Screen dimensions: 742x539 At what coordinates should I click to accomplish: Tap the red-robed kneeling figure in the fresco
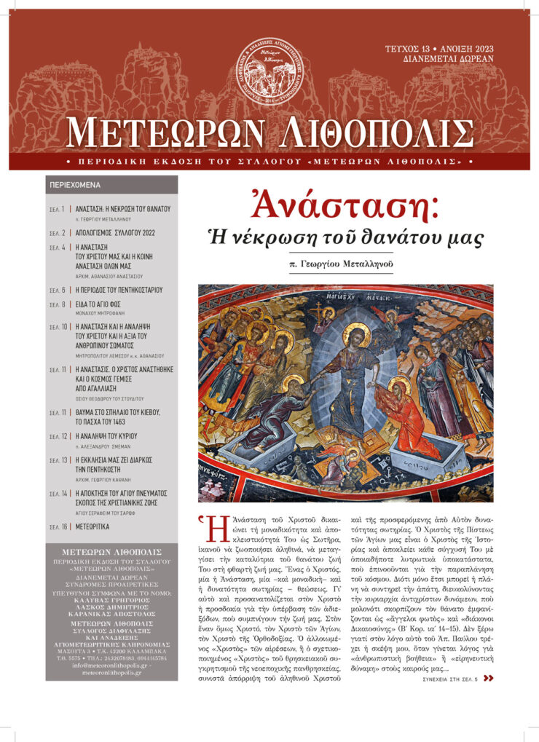click(x=411, y=422)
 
